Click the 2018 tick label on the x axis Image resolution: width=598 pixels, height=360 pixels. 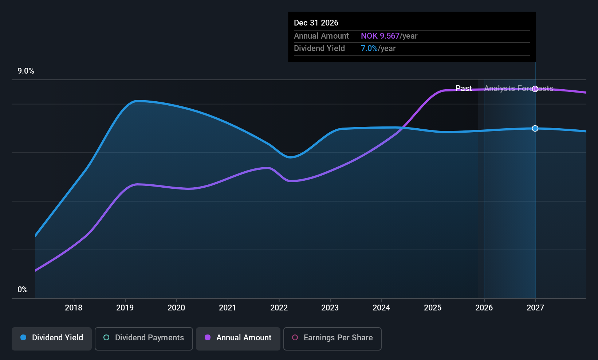coord(74,308)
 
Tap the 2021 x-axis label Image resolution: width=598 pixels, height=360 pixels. coord(228,308)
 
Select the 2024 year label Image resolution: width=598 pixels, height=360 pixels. coord(381,308)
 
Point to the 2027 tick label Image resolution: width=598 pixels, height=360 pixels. coord(535,308)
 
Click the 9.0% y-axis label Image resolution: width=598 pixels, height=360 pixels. coord(26,71)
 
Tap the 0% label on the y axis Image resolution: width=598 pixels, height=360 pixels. coord(23,290)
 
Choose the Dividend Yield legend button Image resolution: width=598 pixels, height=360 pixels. coord(52,338)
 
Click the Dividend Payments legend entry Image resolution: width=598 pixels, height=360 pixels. coord(144,338)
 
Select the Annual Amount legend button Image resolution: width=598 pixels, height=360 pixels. coord(238,338)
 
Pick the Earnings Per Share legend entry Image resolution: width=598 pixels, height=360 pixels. coord(332,338)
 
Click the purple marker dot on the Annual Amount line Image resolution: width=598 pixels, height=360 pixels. coord(535,89)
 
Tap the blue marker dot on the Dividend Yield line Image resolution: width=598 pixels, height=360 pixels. coord(535,128)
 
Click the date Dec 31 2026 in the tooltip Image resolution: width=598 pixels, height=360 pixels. coord(316,23)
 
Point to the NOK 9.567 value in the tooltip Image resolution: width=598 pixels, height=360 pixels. coord(380,36)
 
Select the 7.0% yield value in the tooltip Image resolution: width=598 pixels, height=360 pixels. coord(369,48)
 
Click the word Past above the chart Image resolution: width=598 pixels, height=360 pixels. coord(464,89)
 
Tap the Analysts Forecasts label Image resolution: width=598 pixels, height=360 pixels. coord(519,89)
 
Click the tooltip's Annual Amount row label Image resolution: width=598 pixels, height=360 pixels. coord(321,36)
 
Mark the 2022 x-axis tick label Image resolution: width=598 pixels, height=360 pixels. coord(279,308)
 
